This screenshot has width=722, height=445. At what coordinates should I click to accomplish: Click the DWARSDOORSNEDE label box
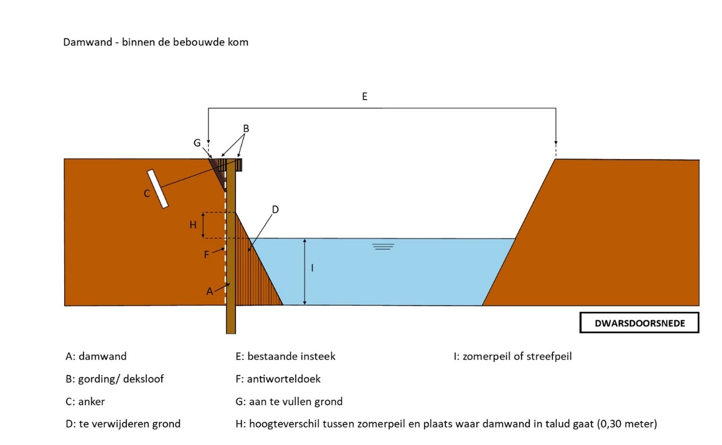point(639,323)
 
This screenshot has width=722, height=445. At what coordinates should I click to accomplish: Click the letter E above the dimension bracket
point(364,96)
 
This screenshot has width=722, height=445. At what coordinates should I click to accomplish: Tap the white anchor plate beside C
point(158,189)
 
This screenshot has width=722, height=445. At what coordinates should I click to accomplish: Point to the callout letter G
point(197,143)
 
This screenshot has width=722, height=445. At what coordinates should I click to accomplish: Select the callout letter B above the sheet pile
point(246,129)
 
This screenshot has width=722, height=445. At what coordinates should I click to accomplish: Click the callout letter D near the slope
point(275,209)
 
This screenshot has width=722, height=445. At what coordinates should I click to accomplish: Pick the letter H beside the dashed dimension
point(192,225)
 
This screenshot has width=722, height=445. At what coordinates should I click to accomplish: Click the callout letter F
point(206,254)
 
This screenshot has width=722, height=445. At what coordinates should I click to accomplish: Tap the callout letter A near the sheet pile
point(210,292)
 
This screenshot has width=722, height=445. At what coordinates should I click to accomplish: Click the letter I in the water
point(312,268)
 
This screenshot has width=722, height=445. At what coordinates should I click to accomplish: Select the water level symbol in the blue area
point(383,246)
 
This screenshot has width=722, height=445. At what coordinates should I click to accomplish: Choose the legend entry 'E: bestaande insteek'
point(285,356)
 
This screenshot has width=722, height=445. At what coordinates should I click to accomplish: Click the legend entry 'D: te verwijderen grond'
point(123,424)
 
